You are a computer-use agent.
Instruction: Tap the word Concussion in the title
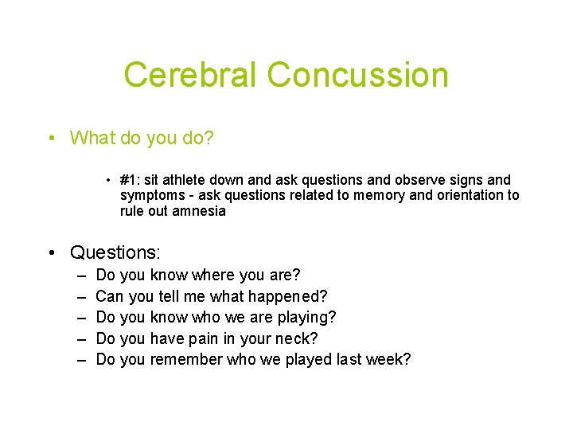[358, 75]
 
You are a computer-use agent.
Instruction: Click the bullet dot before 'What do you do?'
[51, 138]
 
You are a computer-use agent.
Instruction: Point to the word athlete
[185, 180]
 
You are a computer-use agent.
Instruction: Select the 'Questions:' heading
[115, 253]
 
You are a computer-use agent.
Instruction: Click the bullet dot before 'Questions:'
[51, 253]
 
